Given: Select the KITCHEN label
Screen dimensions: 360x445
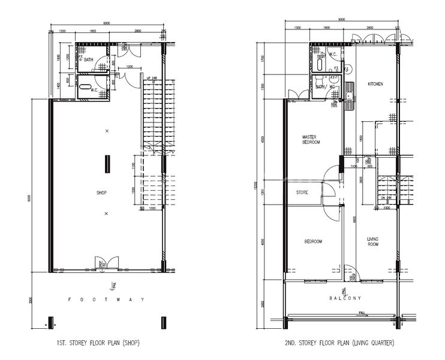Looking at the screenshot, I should [375, 84].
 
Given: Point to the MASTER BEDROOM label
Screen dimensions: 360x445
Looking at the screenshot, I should [311, 140].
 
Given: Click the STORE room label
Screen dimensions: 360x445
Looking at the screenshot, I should [302, 193].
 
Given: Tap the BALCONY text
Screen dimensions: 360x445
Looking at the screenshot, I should [344, 298].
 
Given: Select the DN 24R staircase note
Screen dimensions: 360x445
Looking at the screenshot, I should [386, 197].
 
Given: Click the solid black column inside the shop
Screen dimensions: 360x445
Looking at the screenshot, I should [108, 163].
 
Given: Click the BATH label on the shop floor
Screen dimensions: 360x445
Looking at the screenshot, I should [89, 60].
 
